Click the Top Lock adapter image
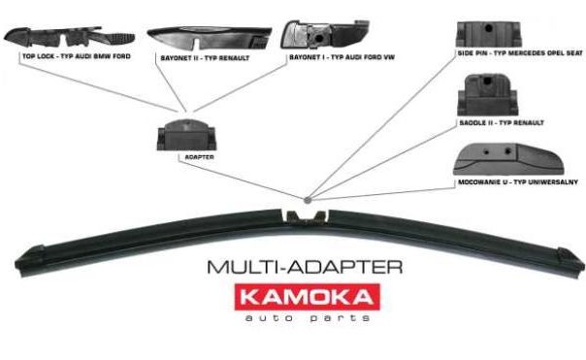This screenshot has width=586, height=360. (x=69, y=37)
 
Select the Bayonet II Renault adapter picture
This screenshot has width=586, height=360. (x=210, y=38)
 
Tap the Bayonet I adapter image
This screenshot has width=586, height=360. (x=325, y=34)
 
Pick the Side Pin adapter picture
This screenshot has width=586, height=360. (x=488, y=34)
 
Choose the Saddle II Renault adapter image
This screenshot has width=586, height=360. (x=488, y=95)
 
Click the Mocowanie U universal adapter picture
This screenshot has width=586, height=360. (x=508, y=159)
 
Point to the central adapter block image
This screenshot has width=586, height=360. (x=186, y=135)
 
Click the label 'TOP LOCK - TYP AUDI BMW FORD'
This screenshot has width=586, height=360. (x=77, y=56)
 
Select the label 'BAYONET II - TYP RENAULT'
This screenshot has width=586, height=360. (x=205, y=58)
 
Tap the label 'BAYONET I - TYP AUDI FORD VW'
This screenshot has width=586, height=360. (x=342, y=57)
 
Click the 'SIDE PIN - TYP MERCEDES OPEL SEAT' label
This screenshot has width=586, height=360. (x=520, y=53)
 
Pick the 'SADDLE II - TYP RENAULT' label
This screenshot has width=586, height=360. (x=502, y=122)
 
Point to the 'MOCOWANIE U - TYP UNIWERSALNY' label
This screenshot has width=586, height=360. (x=518, y=182)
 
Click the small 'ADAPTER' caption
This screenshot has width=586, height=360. (x=200, y=157)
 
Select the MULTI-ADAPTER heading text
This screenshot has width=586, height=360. (x=305, y=267)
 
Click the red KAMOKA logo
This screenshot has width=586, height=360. (x=308, y=297)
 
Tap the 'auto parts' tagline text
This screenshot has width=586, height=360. (x=308, y=318)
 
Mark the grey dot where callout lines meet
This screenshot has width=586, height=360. (x=308, y=200)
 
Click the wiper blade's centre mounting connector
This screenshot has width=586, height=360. (x=306, y=217)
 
